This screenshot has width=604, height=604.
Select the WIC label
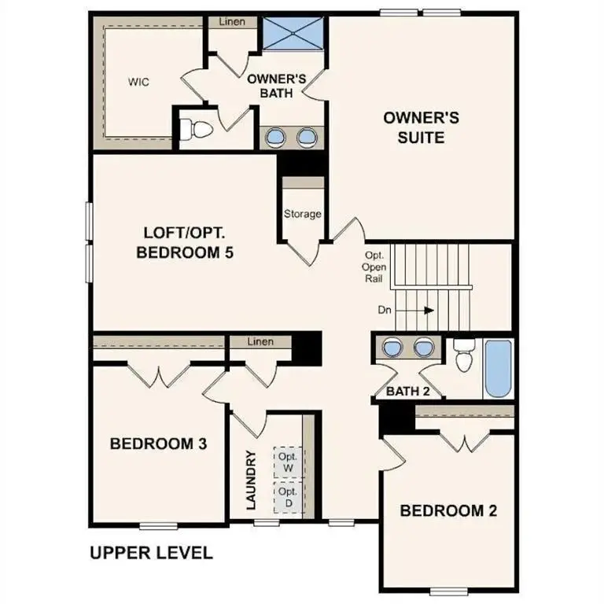pyautogui.click(x=138, y=82)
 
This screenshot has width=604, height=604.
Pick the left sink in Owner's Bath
pyautogui.click(x=276, y=138)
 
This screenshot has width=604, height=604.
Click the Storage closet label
pyautogui.click(x=303, y=214)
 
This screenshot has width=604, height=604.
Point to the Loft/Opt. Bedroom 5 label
pyautogui.click(x=187, y=243)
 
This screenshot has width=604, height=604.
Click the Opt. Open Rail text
pyautogui.click(x=374, y=267)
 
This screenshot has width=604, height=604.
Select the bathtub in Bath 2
pyautogui.click(x=497, y=369)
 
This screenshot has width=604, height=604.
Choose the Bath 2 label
pyautogui.click(x=407, y=390)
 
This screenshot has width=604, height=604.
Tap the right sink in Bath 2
pyautogui.click(x=424, y=346)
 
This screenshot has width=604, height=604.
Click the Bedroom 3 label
pyautogui.click(x=158, y=444)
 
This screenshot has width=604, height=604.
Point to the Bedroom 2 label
pyautogui.click(x=448, y=510)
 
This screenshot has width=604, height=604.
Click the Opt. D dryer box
pyautogui.click(x=288, y=498)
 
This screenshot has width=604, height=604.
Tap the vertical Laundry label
pyautogui.click(x=252, y=481)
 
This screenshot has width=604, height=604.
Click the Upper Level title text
pyautogui.click(x=151, y=553)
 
